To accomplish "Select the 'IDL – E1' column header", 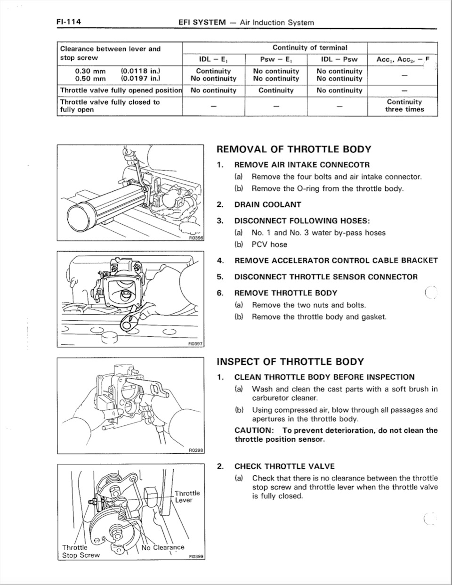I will [x=213, y=59].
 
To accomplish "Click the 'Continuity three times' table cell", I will [x=404, y=106].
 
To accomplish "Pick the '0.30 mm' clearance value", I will [x=90, y=71].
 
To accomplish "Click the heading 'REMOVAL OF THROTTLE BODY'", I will [x=293, y=149].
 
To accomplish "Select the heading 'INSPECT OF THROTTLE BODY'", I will [x=290, y=362].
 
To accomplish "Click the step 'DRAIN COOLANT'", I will [x=267, y=204].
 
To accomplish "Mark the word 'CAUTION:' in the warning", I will [x=254, y=431].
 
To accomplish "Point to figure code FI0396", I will [x=194, y=239].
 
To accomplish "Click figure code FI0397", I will [x=194, y=344].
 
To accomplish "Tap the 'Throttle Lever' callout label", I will [x=187, y=496].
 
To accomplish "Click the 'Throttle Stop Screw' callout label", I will [x=81, y=551].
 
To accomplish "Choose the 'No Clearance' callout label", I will [x=162, y=547].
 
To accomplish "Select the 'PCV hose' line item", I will [x=269, y=244].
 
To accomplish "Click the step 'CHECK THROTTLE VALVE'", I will [x=284, y=466].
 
